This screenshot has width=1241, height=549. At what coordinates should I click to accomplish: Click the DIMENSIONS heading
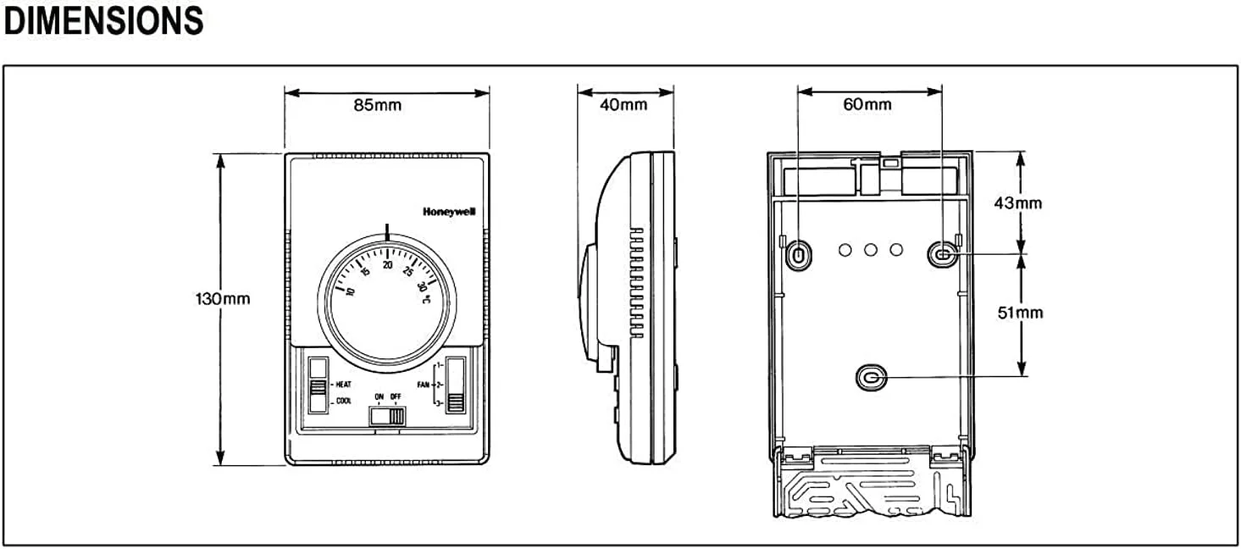[x=103, y=22]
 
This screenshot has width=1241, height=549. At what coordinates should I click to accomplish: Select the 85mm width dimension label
[x=377, y=105]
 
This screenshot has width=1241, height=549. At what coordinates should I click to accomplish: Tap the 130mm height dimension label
[x=223, y=298]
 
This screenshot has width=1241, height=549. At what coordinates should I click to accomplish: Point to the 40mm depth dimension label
[x=623, y=104]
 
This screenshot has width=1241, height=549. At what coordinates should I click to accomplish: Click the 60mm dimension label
[x=867, y=104]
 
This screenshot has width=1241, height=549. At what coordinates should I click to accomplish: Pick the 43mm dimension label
[x=1017, y=203]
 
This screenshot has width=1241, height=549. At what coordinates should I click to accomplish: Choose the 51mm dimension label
[x=1020, y=313]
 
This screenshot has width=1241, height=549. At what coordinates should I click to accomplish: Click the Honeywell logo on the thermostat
[x=449, y=212]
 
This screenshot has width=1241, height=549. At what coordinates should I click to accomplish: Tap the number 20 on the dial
[x=387, y=265]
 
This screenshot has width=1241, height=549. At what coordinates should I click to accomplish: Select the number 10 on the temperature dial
[x=350, y=291]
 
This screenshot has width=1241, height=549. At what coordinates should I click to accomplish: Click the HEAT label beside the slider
[x=343, y=385]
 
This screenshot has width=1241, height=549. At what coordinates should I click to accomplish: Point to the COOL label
[x=343, y=401]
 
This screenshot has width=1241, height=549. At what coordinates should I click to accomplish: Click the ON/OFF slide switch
[x=387, y=416]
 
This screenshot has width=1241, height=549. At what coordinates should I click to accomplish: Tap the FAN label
[x=424, y=385]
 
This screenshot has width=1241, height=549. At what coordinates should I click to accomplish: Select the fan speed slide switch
[x=456, y=385]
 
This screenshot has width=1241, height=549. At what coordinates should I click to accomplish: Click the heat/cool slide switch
[x=318, y=385]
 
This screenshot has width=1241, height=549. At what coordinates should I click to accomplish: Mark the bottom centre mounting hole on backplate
[x=872, y=379]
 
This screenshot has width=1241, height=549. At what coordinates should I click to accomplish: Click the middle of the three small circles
[x=870, y=251]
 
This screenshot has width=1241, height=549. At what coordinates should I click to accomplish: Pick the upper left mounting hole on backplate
[x=799, y=255]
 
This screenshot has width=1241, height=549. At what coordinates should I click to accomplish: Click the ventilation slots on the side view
[x=637, y=282]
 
